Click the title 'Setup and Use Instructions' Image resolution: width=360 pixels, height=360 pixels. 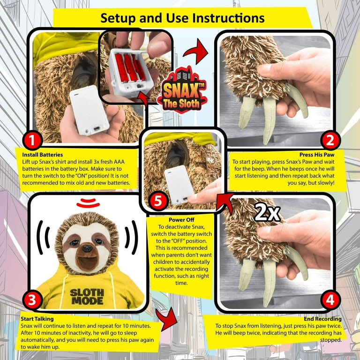(182, 18)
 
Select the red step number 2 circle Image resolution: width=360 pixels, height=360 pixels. (330, 140)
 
